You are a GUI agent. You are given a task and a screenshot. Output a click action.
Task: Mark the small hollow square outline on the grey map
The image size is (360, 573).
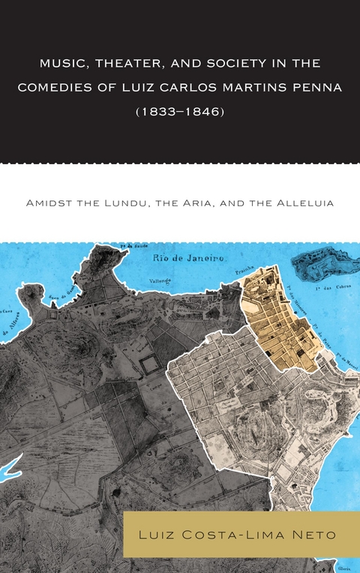coord(148,365)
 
